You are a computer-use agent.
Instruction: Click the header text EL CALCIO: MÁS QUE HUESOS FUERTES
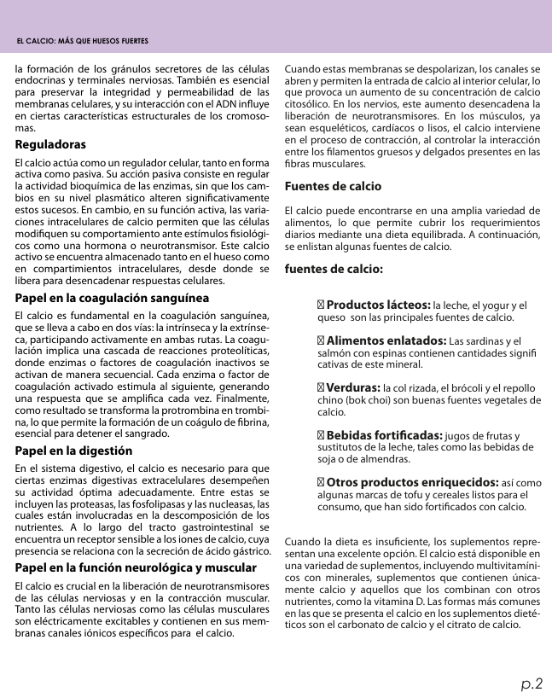(x=83, y=42)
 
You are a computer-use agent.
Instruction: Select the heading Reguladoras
(x=50, y=145)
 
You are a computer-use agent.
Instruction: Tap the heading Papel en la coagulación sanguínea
(x=112, y=299)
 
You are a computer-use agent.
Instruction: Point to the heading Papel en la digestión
(x=74, y=450)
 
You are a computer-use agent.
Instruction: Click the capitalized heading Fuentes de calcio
(x=333, y=186)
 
